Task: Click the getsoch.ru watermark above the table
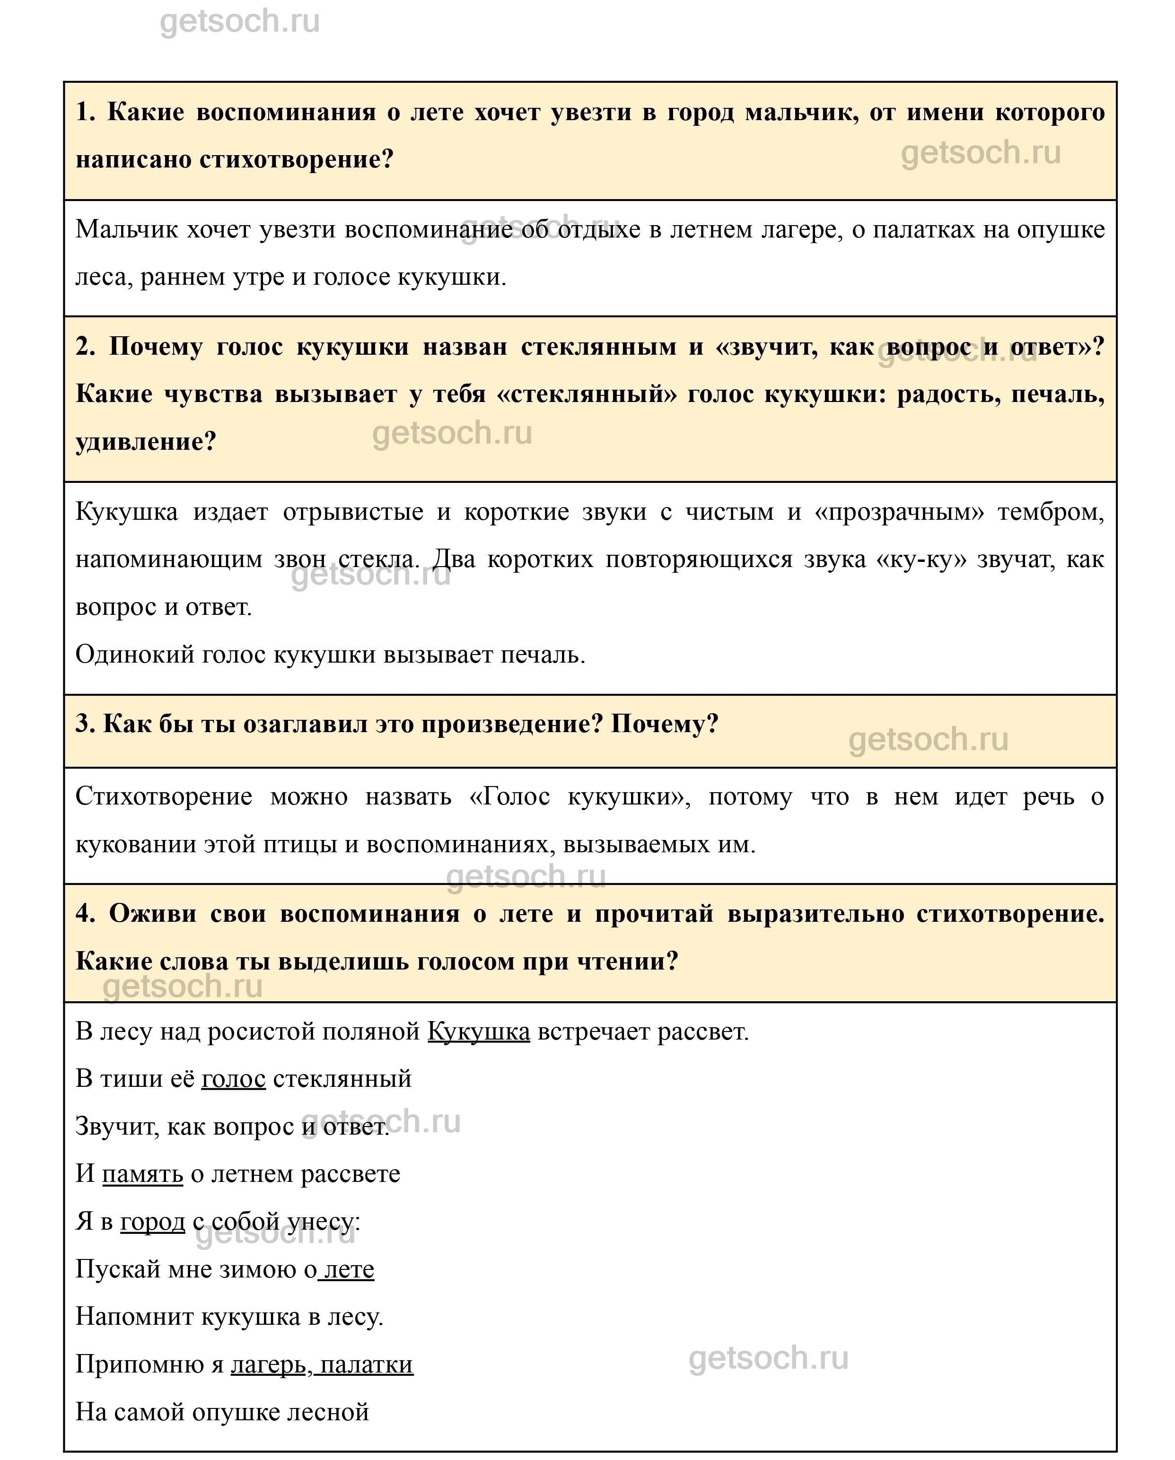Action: click(x=240, y=22)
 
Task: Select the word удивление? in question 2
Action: click(x=146, y=442)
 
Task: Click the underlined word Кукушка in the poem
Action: click(x=478, y=1032)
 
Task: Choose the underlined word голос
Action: click(x=233, y=1079)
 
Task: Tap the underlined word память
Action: click(x=142, y=1173)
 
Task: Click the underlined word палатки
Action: click(x=367, y=1364)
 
